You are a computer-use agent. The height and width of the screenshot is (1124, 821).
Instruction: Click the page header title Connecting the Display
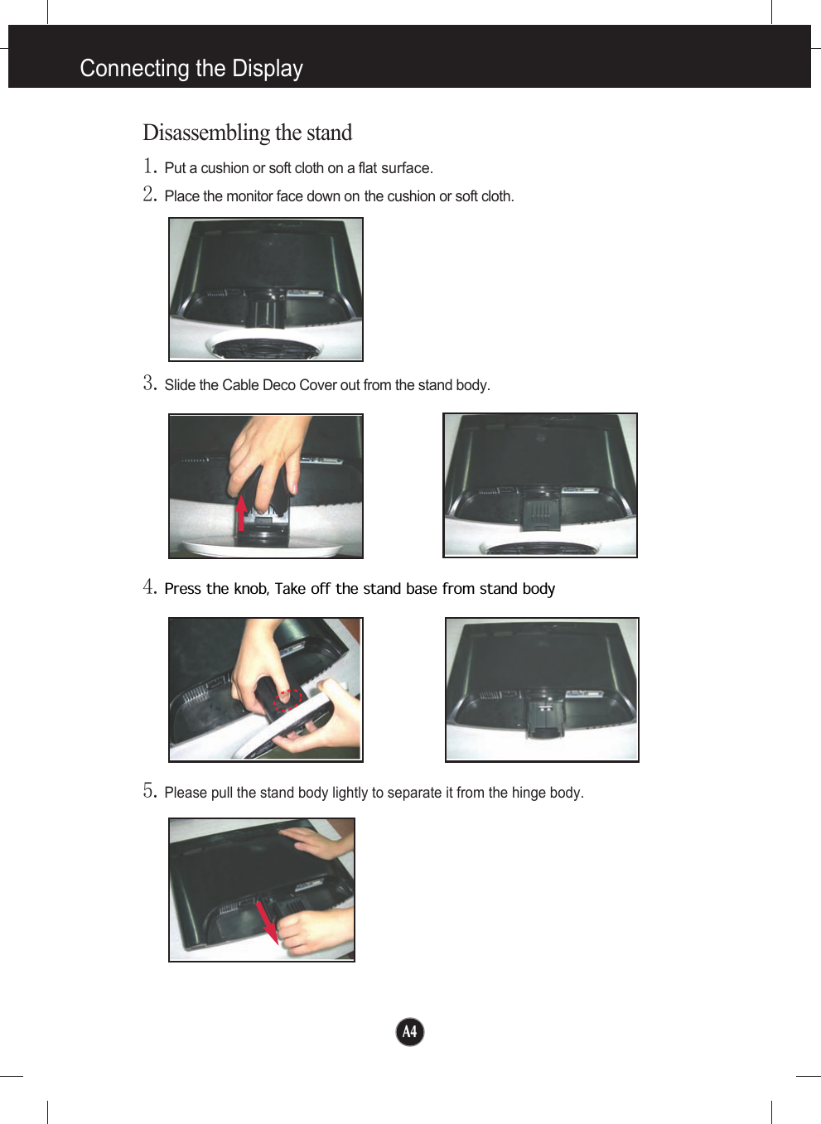[x=191, y=68]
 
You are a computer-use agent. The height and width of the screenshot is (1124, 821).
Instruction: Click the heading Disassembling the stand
[x=247, y=133]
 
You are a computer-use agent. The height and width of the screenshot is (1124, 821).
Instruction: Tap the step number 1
[x=149, y=166]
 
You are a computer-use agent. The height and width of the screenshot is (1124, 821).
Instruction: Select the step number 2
[x=149, y=194]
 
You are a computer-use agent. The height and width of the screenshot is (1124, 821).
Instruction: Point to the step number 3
[x=149, y=383]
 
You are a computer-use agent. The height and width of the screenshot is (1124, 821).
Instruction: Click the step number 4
[x=149, y=586]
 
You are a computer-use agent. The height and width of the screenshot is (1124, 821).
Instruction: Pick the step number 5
[x=149, y=790]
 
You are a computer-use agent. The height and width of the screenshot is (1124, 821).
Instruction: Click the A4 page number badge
[x=409, y=1031]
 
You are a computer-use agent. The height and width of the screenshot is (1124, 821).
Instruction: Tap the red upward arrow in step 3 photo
[x=241, y=512]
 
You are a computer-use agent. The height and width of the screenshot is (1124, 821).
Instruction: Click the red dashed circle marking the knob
[x=287, y=700]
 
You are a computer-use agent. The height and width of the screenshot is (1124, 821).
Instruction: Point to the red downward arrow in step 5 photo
[x=267, y=921]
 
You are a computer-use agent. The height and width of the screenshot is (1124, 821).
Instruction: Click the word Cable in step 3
[x=240, y=385]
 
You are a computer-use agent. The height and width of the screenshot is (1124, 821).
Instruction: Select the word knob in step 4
[x=250, y=589]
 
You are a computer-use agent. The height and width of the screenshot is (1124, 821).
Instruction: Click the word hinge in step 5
[x=529, y=793]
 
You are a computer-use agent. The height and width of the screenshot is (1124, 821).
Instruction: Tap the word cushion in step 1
[x=225, y=168]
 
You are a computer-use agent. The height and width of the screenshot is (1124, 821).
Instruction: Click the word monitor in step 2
[x=249, y=196]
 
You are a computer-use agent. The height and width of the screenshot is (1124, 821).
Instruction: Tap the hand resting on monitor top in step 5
[x=319, y=843]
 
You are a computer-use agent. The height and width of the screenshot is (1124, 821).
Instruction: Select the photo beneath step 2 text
[x=265, y=289]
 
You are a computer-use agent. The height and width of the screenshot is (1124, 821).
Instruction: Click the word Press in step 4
[x=182, y=589]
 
